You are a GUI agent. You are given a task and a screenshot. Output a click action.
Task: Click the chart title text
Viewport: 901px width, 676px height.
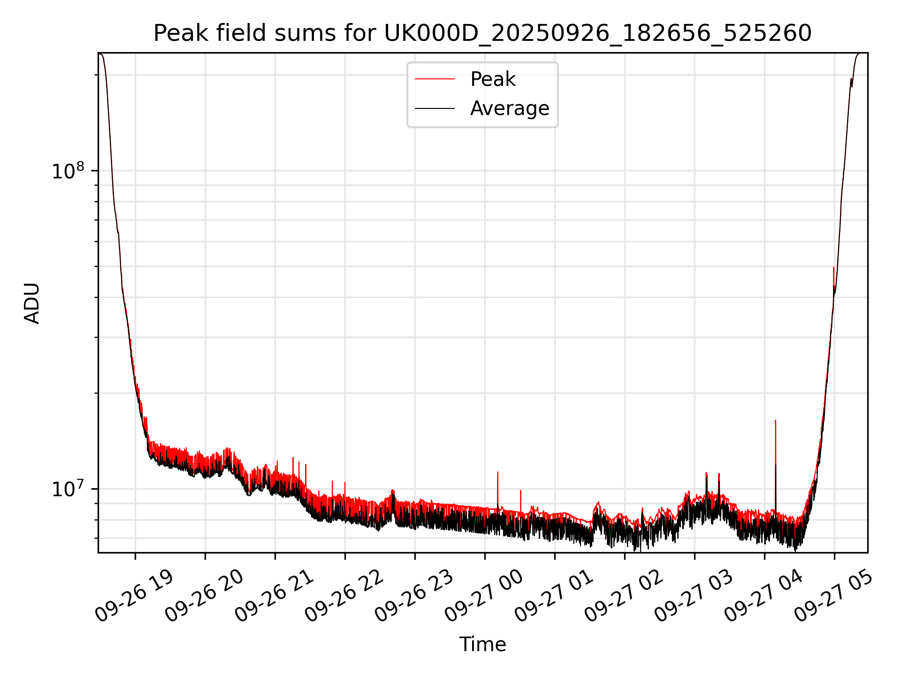tap(482, 33)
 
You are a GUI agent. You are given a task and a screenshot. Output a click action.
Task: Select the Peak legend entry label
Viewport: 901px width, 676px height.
tap(493, 79)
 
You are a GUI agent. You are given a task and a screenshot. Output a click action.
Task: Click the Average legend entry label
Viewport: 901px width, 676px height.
tap(510, 108)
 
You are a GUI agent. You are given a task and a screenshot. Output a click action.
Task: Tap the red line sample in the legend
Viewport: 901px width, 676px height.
tap(435, 79)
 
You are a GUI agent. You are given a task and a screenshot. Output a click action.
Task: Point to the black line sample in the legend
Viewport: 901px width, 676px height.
tap(435, 108)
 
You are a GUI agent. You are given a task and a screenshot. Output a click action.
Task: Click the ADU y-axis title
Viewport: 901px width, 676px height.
tap(32, 303)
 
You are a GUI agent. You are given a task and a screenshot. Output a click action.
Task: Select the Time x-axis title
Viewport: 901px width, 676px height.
tap(482, 644)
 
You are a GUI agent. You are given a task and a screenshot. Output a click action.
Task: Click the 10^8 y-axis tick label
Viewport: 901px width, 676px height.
tap(67, 171)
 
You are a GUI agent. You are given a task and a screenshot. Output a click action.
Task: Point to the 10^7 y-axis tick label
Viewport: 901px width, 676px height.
tap(67, 489)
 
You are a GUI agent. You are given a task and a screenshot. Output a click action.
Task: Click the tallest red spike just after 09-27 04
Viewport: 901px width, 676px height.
tap(775, 421)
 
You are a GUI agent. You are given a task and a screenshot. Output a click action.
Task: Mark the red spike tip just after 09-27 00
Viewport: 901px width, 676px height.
tap(497, 472)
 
